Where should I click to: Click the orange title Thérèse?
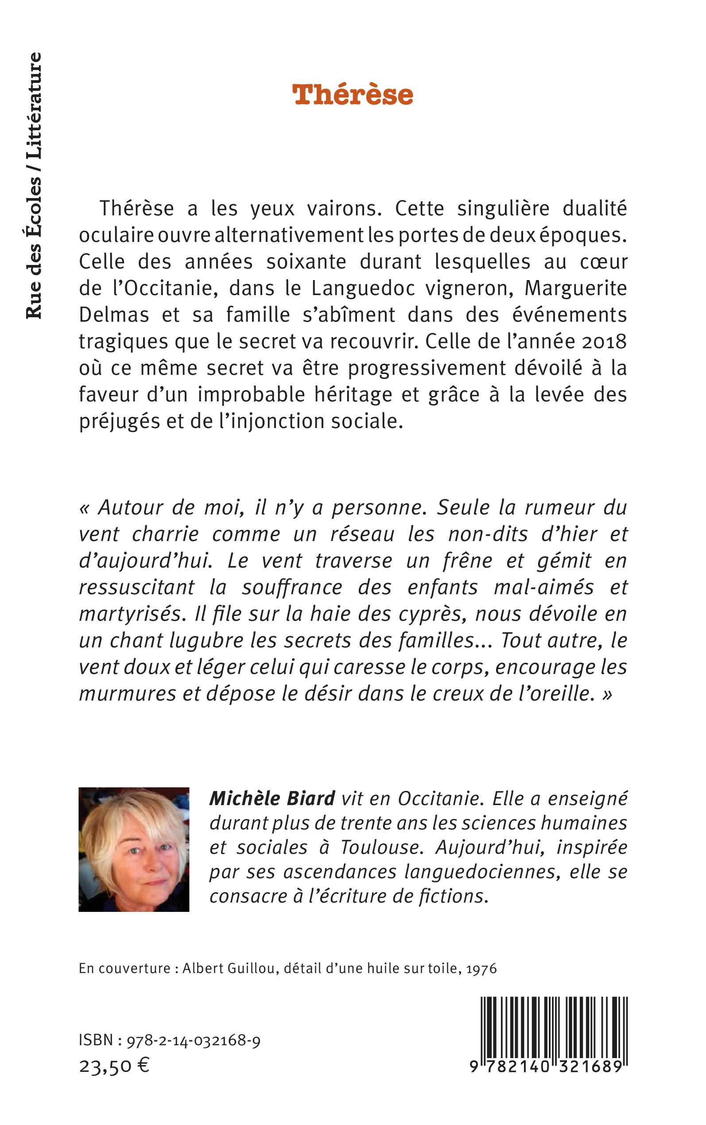[353, 95]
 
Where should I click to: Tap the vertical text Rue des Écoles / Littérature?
[34, 185]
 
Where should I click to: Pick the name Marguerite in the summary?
[576, 288]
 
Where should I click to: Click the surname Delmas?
[113, 315]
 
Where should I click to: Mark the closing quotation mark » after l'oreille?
[606, 694]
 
